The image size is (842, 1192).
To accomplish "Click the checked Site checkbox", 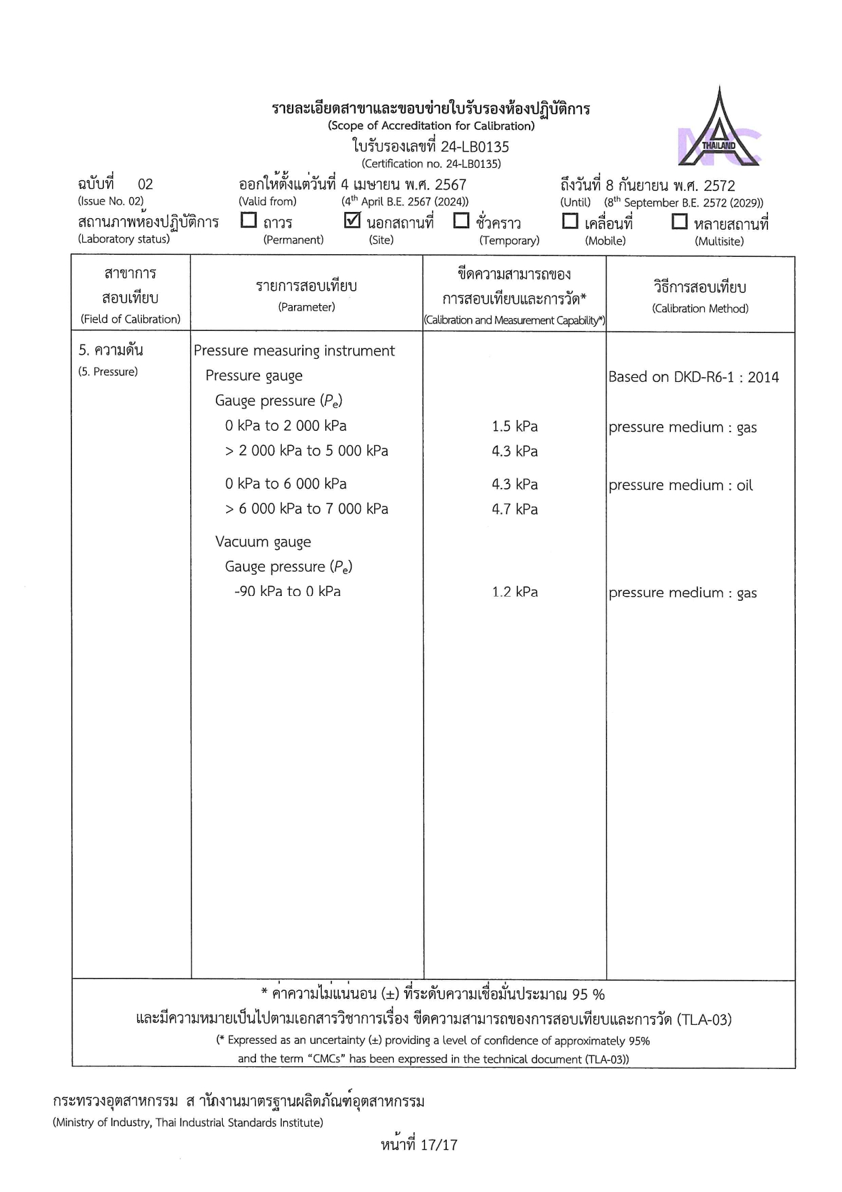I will [x=352, y=220].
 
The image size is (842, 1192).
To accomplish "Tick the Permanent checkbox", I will [x=249, y=220].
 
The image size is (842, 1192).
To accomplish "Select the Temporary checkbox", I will [x=461, y=220].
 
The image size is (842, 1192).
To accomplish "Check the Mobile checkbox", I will [x=570, y=221].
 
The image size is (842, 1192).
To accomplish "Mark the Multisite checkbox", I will [x=679, y=222].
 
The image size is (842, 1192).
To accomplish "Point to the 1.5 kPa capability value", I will [x=515, y=427].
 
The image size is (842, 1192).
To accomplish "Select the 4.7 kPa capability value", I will [x=515, y=509].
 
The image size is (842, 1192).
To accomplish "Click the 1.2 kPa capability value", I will [x=515, y=592].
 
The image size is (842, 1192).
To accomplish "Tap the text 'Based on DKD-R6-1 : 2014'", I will [x=693, y=377].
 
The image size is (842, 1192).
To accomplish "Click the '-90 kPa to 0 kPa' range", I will [x=287, y=591].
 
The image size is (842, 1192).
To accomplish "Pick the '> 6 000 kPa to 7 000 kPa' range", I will [x=307, y=509].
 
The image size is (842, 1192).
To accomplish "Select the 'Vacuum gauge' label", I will [x=263, y=542].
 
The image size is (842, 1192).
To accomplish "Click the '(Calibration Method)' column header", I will [x=700, y=309].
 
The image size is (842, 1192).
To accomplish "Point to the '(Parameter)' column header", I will [x=306, y=307].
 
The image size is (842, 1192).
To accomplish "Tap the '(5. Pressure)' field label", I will [x=108, y=372].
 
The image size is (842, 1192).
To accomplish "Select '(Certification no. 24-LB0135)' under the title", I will [x=431, y=164].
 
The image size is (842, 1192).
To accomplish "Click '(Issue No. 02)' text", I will [x=111, y=201].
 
